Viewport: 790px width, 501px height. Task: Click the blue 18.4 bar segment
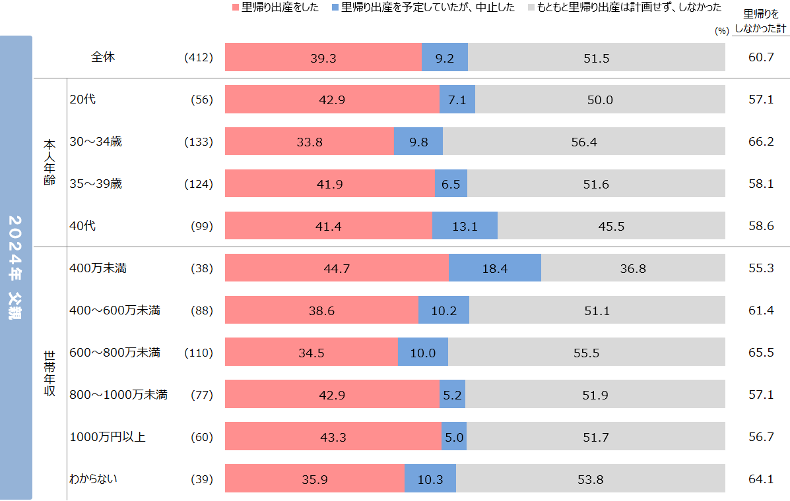pyautogui.click(x=495, y=268)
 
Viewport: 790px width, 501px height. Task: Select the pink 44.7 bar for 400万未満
pyautogui.click(x=337, y=268)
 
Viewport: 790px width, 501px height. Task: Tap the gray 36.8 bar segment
pyautogui.click(x=632, y=268)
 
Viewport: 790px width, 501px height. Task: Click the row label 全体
pyautogui.click(x=103, y=57)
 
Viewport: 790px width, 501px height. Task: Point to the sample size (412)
pyautogui.click(x=199, y=58)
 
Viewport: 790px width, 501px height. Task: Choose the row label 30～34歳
pyautogui.click(x=96, y=142)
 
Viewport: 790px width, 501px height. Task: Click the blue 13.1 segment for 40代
pyautogui.click(x=465, y=226)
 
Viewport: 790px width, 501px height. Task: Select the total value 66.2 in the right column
pyautogui.click(x=761, y=142)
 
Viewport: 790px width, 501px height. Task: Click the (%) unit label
pyautogui.click(x=721, y=30)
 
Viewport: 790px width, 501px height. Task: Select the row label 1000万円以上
pyautogui.click(x=108, y=436)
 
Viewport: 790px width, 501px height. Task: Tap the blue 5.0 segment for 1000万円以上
pyautogui.click(x=454, y=436)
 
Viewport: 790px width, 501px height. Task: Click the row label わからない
pyautogui.click(x=93, y=479)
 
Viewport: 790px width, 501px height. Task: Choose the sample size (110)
pyautogui.click(x=199, y=353)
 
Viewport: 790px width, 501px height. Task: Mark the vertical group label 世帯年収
pyautogui.click(x=49, y=373)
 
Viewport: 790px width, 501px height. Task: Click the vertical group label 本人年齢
pyautogui.click(x=49, y=162)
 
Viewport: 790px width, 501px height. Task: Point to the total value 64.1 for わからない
pyautogui.click(x=761, y=479)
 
